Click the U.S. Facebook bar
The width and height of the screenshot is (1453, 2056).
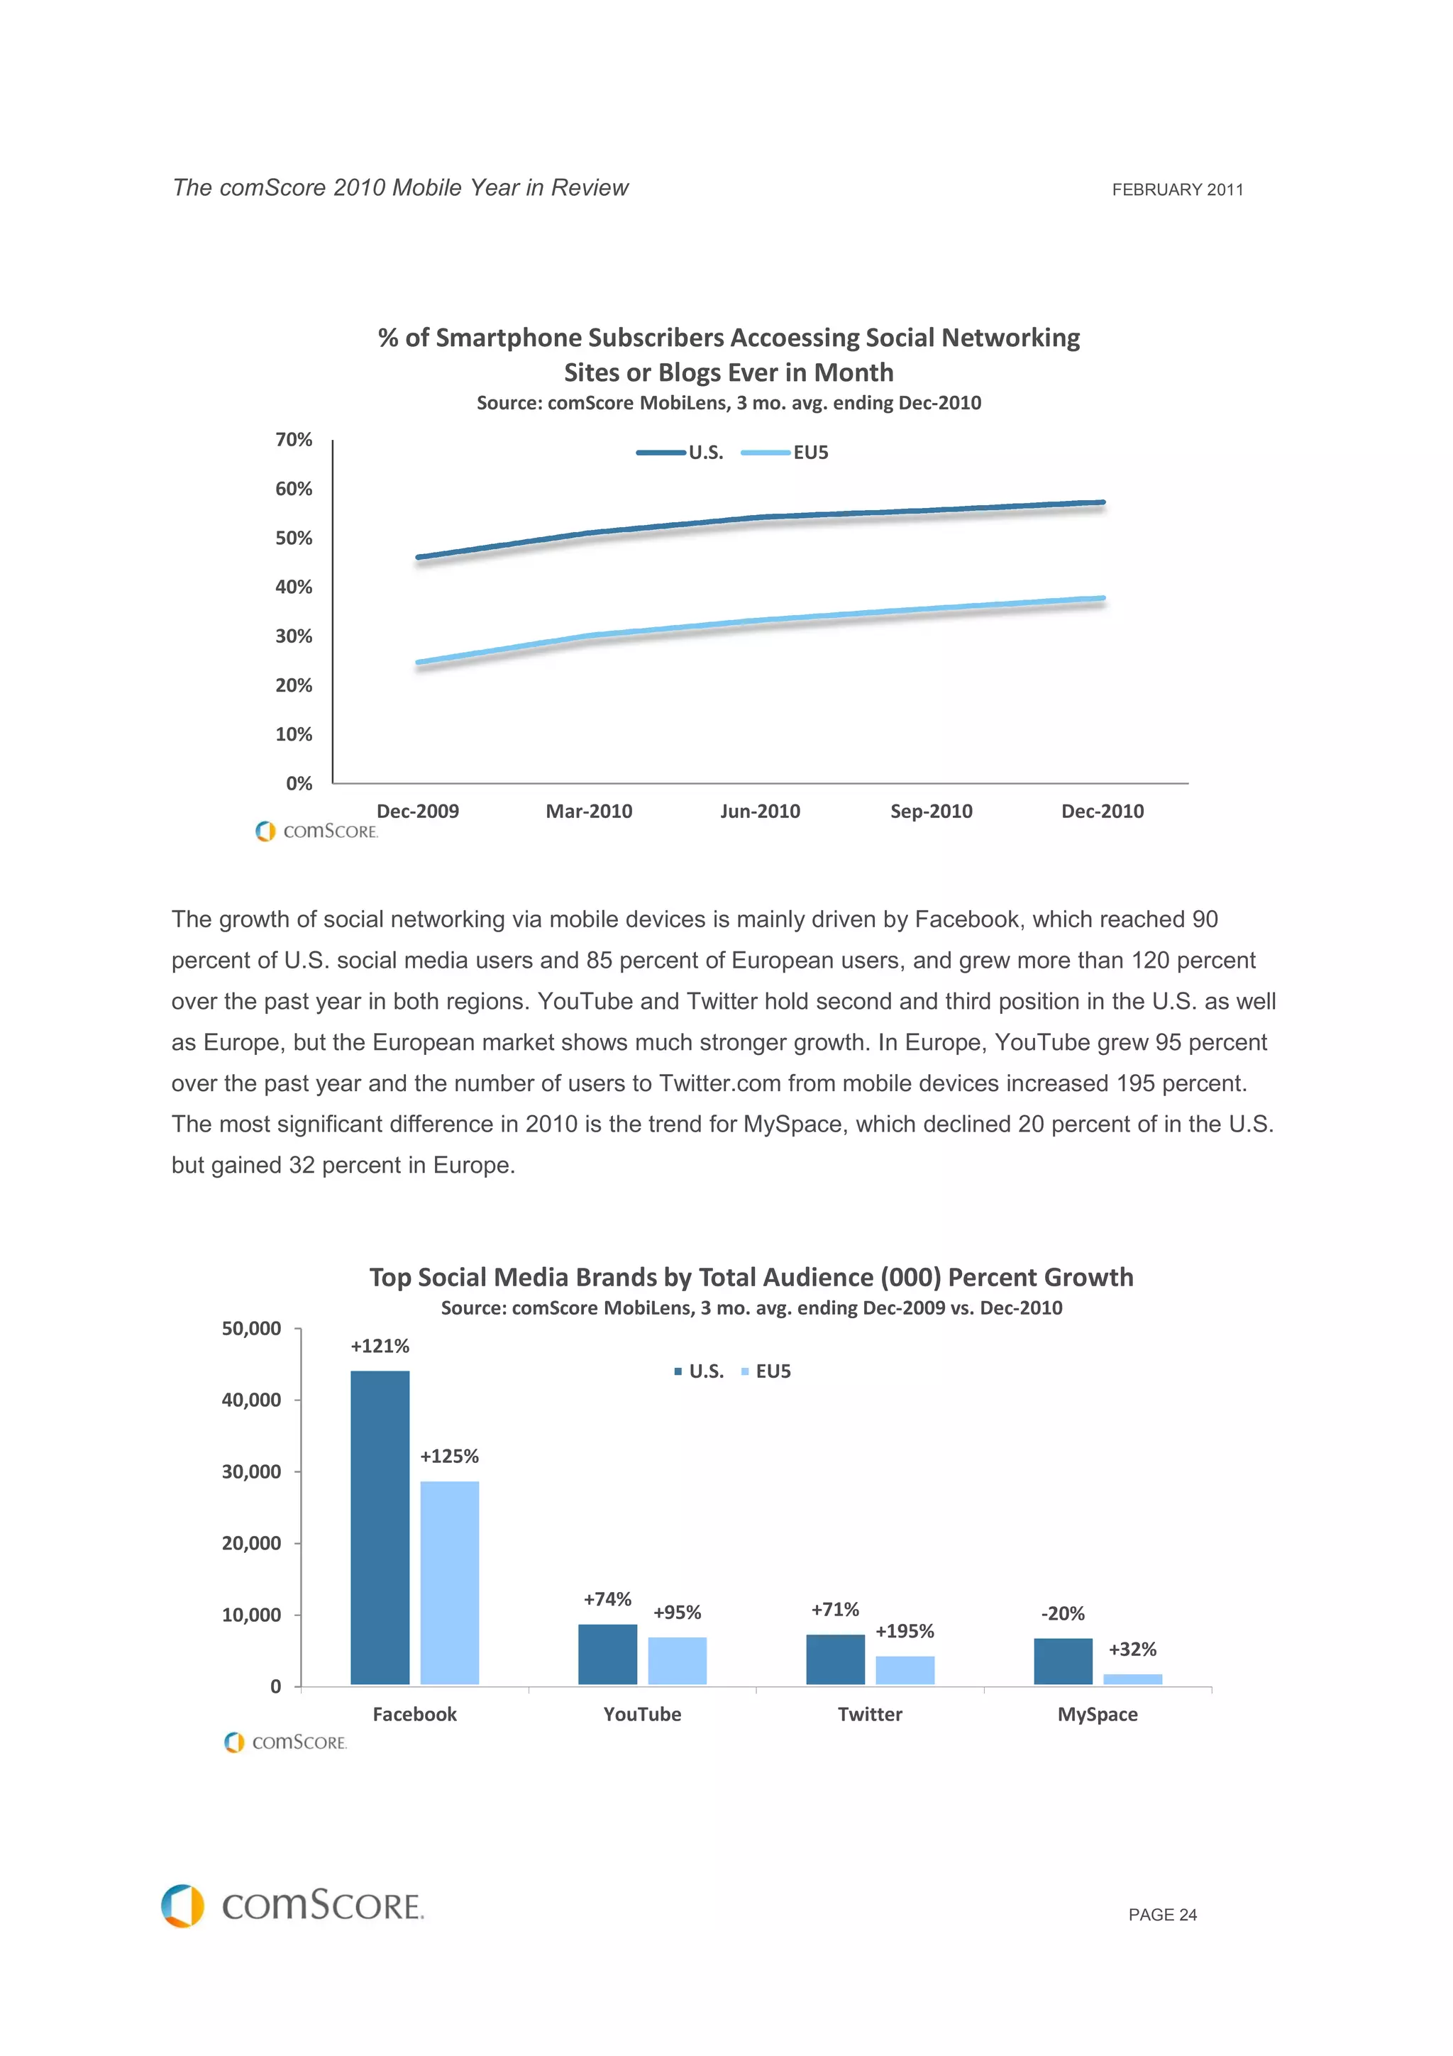pyautogui.click(x=380, y=1527)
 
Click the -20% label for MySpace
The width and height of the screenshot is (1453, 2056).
pyautogui.click(x=1063, y=1613)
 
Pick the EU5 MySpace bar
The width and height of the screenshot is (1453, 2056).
pyautogui.click(x=1132, y=1679)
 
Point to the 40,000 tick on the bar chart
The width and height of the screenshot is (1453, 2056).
pyautogui.click(x=252, y=1400)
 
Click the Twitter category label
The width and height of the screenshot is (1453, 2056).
pyautogui.click(x=869, y=1714)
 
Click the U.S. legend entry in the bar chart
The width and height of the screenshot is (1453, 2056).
pyautogui.click(x=700, y=1371)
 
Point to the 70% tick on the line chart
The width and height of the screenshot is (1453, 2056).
pyautogui.click(x=294, y=440)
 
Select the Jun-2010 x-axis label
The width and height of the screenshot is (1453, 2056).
pyautogui.click(x=760, y=812)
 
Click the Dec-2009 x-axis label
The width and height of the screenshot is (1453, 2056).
pyautogui.click(x=417, y=812)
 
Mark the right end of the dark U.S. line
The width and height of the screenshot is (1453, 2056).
pyautogui.click(x=1103, y=502)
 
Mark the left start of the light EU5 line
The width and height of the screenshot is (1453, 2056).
pyautogui.click(x=418, y=663)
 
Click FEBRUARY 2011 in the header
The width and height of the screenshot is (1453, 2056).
pyautogui.click(x=1177, y=190)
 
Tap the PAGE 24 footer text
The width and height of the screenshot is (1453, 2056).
pyautogui.click(x=1162, y=1915)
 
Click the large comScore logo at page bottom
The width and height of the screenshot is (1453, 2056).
pyautogui.click(x=293, y=1906)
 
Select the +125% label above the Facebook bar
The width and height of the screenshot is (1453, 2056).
pyautogui.click(x=449, y=1456)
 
